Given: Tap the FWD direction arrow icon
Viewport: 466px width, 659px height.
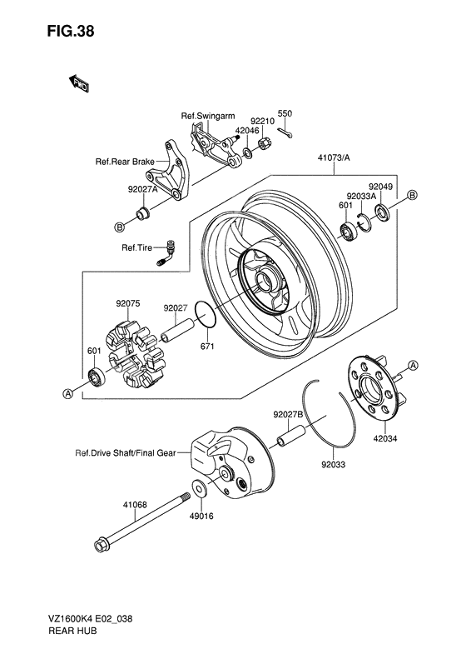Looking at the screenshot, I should coord(79,82).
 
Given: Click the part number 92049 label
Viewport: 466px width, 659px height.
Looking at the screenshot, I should coord(381,187).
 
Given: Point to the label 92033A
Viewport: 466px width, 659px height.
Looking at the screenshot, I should coord(362,197).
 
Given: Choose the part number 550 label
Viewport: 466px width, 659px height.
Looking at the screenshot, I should coord(284,113).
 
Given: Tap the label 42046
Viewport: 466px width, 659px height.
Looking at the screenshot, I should coord(247,131).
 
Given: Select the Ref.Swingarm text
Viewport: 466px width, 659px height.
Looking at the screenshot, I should coord(209,115).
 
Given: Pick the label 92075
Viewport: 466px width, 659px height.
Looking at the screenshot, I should coord(128,304).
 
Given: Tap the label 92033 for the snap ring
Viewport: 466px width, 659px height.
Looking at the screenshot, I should coord(333,463).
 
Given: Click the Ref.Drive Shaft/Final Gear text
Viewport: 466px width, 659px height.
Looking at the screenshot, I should coord(125,454).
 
